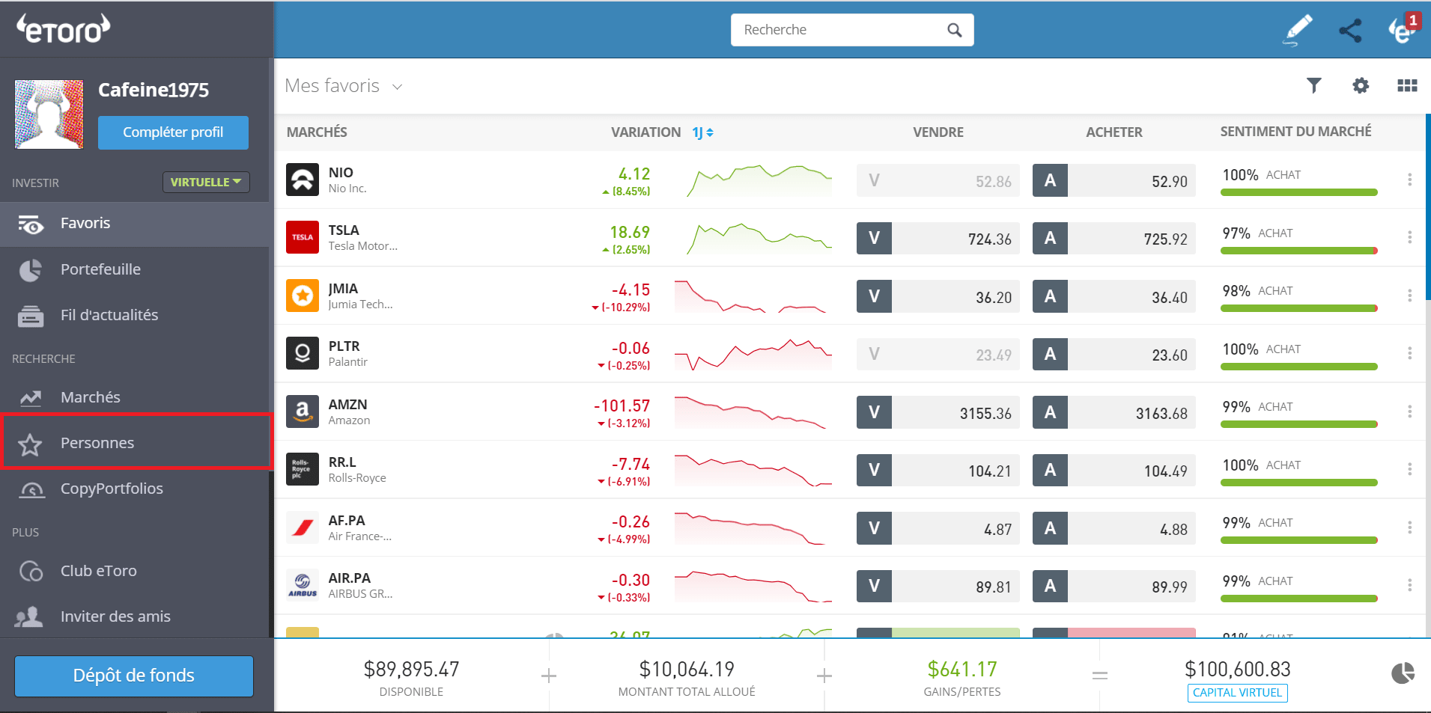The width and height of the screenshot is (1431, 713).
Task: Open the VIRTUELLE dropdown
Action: (x=206, y=182)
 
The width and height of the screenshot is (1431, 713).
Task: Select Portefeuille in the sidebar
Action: (x=100, y=269)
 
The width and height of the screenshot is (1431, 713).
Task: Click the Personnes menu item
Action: (x=97, y=443)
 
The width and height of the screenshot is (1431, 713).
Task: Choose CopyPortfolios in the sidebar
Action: (x=111, y=489)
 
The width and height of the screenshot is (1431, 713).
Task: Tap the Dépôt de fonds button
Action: (x=134, y=676)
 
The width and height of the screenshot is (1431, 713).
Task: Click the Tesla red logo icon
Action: (x=303, y=237)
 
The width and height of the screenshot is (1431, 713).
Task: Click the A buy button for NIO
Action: (x=1050, y=180)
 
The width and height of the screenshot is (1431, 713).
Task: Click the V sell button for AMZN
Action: (x=874, y=412)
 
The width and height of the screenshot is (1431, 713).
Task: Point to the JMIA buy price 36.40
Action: (x=1169, y=298)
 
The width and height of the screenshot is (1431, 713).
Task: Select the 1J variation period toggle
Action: (x=702, y=132)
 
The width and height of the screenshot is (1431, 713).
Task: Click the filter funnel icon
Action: (x=1313, y=85)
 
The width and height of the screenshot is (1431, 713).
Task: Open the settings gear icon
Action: (x=1361, y=85)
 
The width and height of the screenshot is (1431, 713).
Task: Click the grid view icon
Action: (x=1407, y=85)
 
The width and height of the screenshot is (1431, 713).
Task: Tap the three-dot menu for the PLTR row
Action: (x=1409, y=353)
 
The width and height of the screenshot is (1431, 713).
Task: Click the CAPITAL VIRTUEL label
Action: (x=1237, y=693)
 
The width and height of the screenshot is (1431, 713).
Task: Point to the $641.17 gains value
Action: (x=962, y=669)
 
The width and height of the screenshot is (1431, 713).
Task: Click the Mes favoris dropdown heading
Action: (x=344, y=86)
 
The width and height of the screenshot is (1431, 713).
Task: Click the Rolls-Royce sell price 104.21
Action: (x=989, y=471)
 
